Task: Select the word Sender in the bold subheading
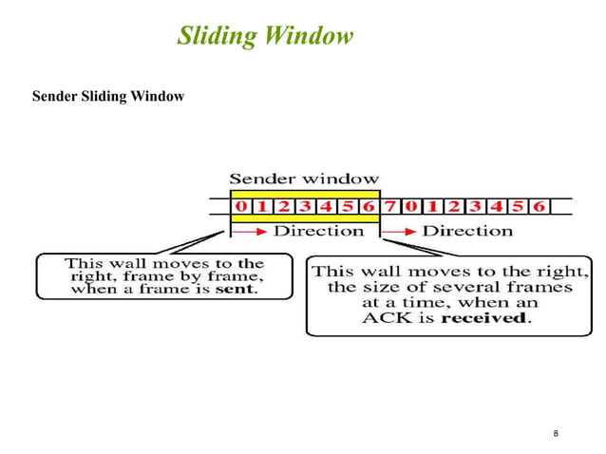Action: [x=55, y=96]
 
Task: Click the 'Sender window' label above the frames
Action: [x=304, y=178]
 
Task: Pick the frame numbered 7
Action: [x=388, y=206]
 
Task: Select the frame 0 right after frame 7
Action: [x=409, y=206]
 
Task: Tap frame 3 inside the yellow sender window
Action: [x=306, y=206]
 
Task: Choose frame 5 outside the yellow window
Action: [x=516, y=206]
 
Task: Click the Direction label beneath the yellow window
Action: [x=319, y=231]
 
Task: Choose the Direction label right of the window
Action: [x=466, y=231]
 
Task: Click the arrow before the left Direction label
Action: [x=254, y=231]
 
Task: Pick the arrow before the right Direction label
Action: [x=400, y=231]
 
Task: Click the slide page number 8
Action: [x=556, y=434]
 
